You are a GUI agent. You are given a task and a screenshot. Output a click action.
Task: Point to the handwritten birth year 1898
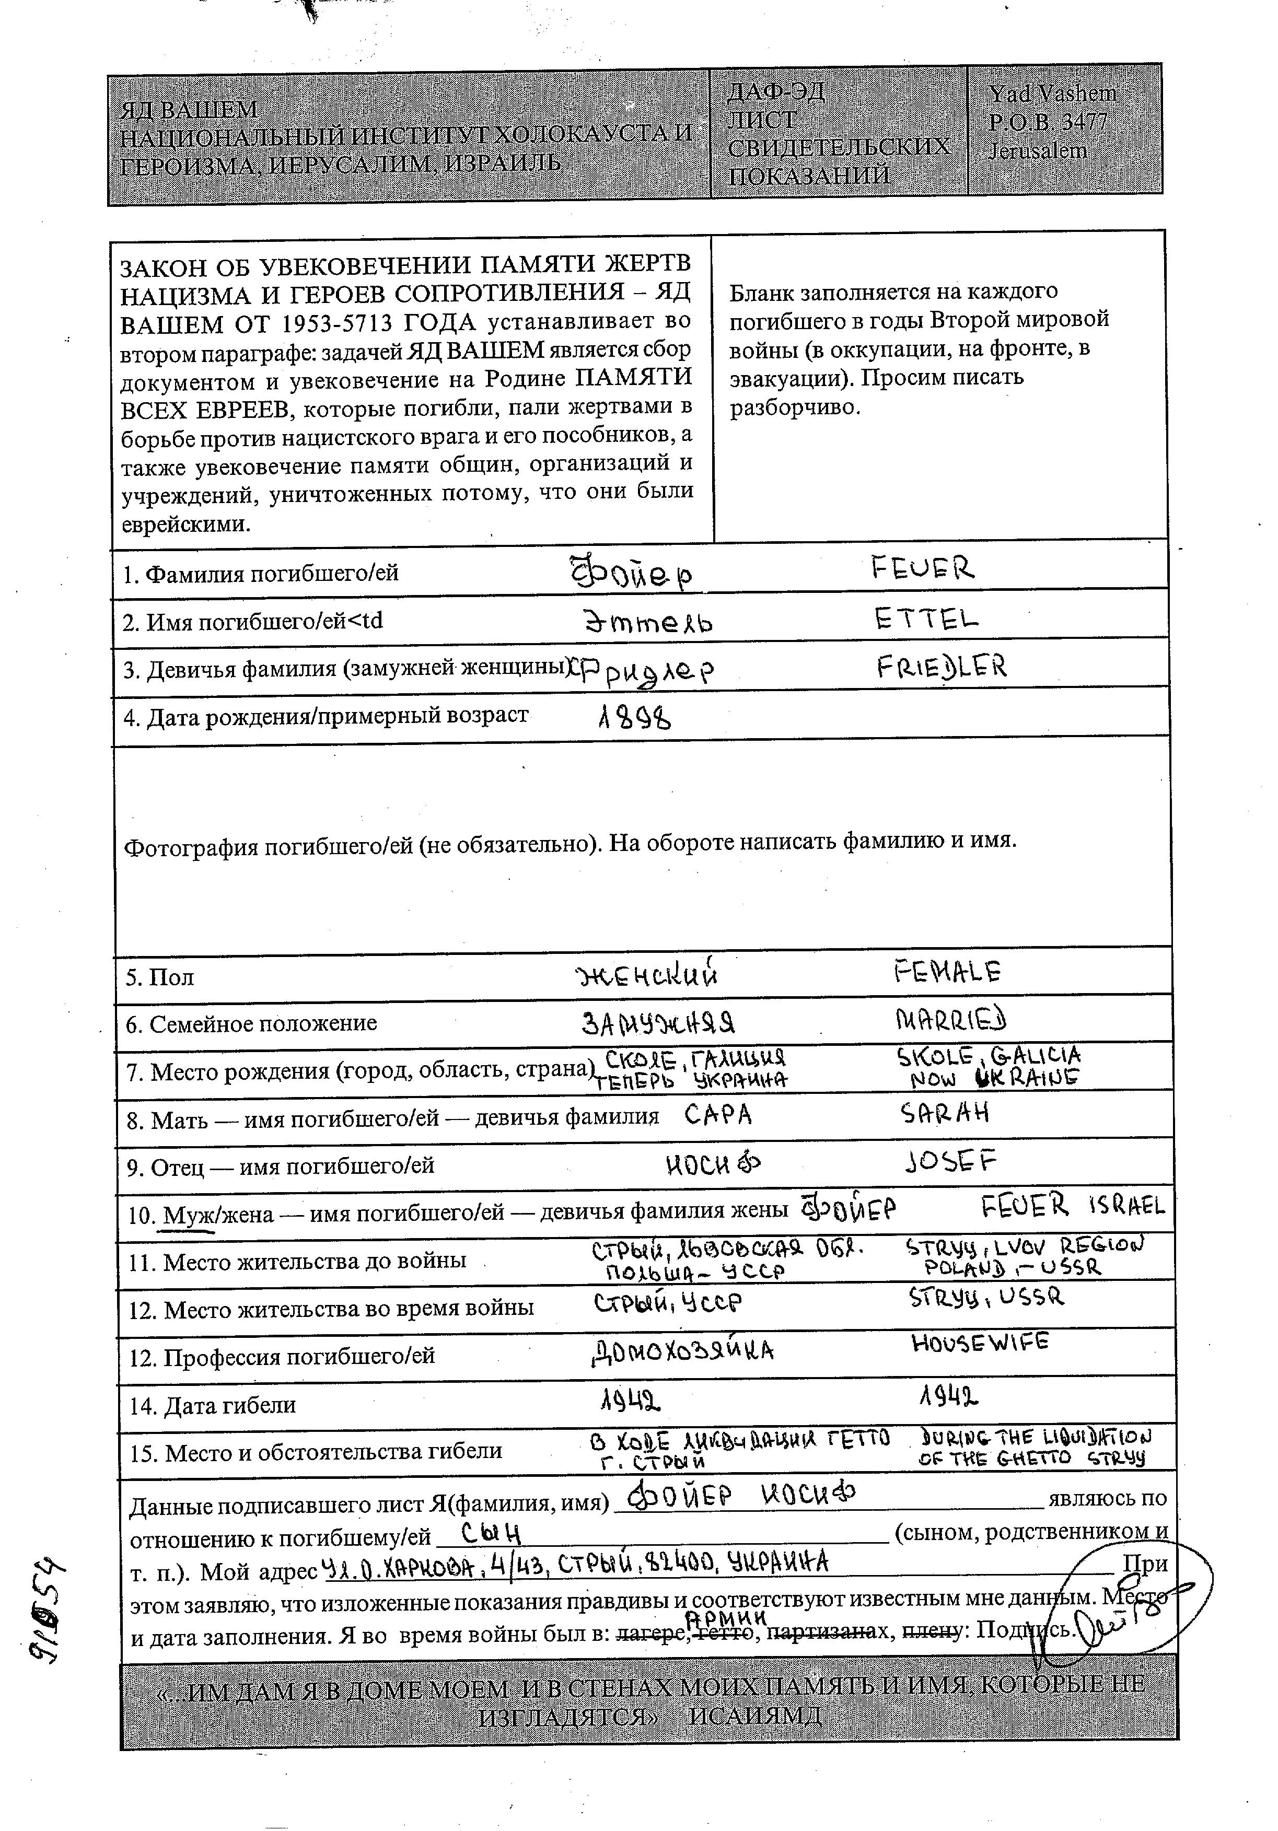634,719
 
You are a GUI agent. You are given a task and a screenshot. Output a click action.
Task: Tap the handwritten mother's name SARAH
945,1113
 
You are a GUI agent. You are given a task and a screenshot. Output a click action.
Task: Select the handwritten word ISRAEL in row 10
1126,1206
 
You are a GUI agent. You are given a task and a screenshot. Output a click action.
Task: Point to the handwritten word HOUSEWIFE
980,1343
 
